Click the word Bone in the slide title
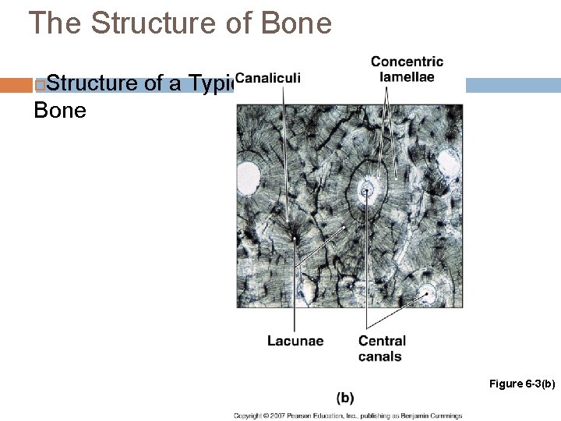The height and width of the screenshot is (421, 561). pyautogui.click(x=298, y=23)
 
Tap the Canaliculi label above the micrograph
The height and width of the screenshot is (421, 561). pyautogui.click(x=267, y=78)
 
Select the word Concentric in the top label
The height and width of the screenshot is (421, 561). pyautogui.click(x=407, y=62)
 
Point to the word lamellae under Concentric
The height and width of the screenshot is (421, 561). pyautogui.click(x=407, y=76)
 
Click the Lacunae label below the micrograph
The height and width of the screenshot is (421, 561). pyautogui.click(x=295, y=341)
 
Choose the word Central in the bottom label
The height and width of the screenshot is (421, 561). pyautogui.click(x=382, y=341)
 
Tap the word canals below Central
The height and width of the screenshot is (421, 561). pyautogui.click(x=380, y=356)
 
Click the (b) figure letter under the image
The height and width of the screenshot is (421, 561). pyautogui.click(x=345, y=398)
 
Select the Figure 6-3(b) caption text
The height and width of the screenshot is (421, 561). pyautogui.click(x=521, y=383)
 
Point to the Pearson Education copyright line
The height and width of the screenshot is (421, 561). pyautogui.click(x=348, y=416)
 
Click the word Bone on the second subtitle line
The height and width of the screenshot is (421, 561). pyautogui.click(x=59, y=110)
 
